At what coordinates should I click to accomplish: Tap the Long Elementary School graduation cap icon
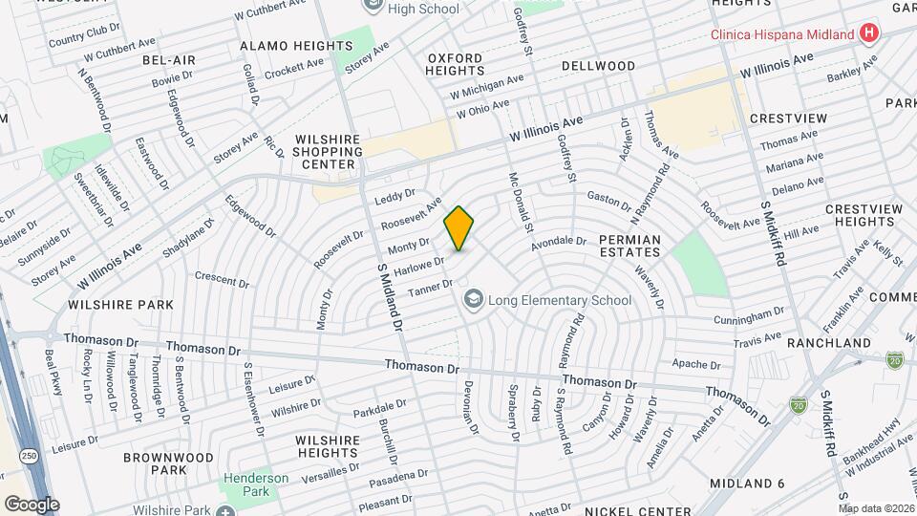click(x=473, y=300)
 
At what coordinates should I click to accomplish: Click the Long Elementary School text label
click(x=560, y=300)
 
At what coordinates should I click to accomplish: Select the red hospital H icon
click(x=868, y=34)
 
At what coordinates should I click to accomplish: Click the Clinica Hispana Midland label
click(x=783, y=35)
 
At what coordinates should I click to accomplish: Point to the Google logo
click(x=31, y=504)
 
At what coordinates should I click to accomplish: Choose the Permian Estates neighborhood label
click(x=629, y=245)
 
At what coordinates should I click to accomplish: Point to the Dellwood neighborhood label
click(x=598, y=66)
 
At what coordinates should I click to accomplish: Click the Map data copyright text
click(x=876, y=508)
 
